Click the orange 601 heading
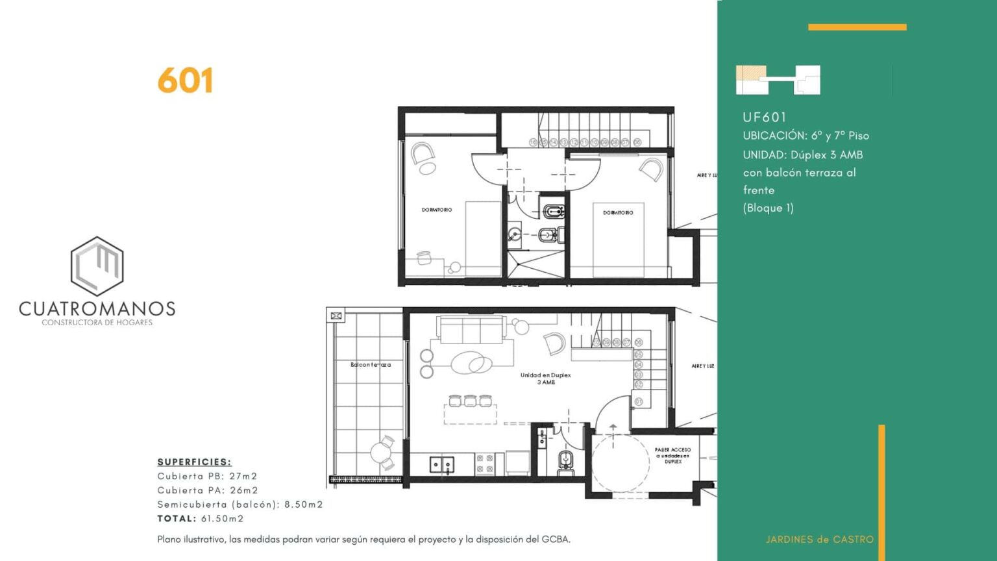(x=185, y=81)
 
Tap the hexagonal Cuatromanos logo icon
(x=97, y=266)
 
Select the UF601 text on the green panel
(x=765, y=118)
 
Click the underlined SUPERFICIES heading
(x=194, y=462)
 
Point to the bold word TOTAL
(x=177, y=518)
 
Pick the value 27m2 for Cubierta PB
(x=243, y=476)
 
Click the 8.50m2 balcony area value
(x=303, y=505)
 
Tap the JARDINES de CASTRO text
(x=819, y=539)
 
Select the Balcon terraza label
(x=371, y=365)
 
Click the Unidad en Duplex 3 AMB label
(x=545, y=379)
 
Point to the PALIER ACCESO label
(x=672, y=455)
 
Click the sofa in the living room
(x=471, y=329)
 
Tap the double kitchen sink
(x=442, y=464)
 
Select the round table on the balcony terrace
(x=380, y=452)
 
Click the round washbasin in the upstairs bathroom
(x=515, y=234)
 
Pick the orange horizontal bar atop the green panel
(x=857, y=27)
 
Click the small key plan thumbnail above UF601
(x=778, y=80)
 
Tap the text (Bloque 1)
(x=768, y=208)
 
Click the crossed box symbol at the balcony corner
(x=336, y=316)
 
